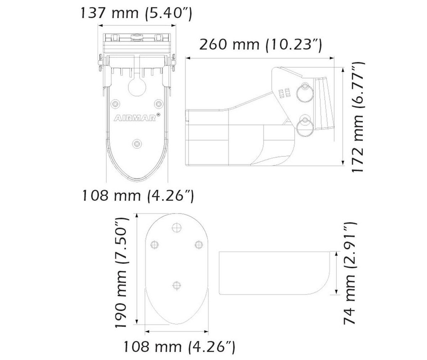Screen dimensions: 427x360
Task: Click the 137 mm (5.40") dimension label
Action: (136, 13)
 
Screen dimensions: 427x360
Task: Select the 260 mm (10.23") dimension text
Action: (260, 45)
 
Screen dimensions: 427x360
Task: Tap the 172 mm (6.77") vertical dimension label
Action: (358, 117)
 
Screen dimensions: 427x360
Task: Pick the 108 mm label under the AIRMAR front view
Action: (138, 196)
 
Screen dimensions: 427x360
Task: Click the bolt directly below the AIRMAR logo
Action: (137, 144)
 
